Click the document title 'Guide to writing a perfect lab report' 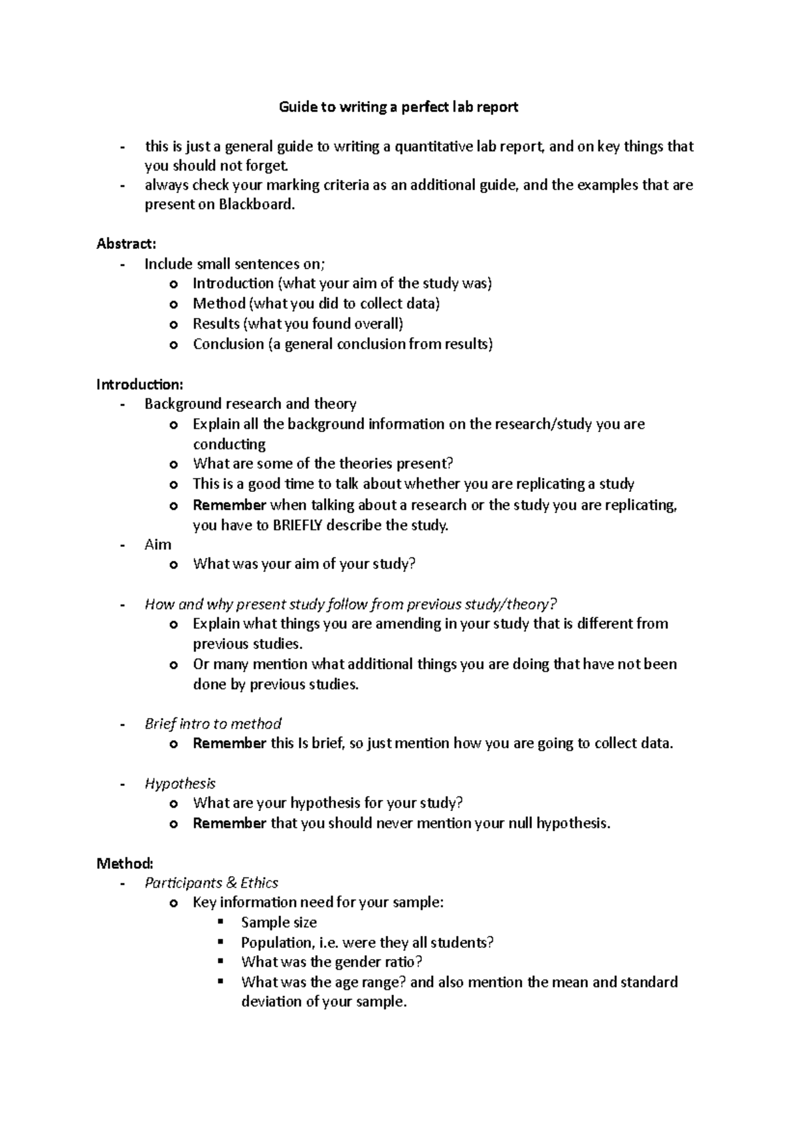[398, 107]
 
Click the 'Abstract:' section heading [126, 244]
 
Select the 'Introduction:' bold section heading [139, 384]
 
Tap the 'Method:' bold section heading [125, 864]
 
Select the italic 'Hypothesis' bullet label [180, 784]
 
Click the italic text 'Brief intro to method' [213, 723]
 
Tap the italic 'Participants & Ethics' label [211, 883]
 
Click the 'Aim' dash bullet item [158, 545]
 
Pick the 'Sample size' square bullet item [278, 923]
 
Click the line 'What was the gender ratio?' [331, 962]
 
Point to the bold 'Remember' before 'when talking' [229, 505]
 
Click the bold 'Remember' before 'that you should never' [229, 824]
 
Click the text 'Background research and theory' [250, 404]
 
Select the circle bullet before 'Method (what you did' [174, 305]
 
